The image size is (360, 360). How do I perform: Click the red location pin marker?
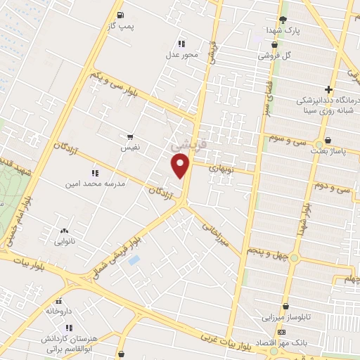181,165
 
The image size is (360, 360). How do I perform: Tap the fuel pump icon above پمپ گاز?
121,14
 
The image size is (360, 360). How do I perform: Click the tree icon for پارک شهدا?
283,20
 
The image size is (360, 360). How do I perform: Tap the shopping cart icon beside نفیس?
130,137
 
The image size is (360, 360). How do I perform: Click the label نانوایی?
66,241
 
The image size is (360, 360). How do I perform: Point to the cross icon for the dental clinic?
328,89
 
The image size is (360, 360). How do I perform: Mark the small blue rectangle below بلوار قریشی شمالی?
134,260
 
